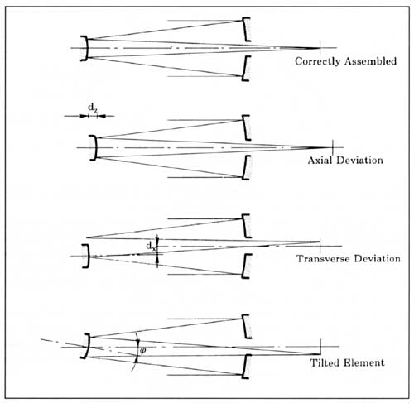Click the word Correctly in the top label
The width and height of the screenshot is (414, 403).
tap(317, 61)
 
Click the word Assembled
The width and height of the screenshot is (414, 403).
tap(371, 60)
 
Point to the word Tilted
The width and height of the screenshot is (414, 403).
tap(324, 362)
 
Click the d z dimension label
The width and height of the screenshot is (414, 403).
tap(93, 108)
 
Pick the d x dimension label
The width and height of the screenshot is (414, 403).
tap(151, 246)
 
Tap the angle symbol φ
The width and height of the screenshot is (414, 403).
tap(143, 351)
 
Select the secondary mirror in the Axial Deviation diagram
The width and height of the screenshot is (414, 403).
tap(94, 147)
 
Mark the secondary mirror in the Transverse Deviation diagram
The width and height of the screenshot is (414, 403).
tap(87, 256)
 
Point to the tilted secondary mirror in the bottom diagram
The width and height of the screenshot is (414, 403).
tap(87, 346)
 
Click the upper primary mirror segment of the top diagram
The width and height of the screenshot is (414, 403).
tap(245, 30)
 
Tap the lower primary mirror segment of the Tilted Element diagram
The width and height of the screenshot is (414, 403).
tap(245, 367)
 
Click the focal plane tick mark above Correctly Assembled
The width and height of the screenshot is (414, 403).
tap(320, 48)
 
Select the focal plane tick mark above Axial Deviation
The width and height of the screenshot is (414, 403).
tap(333, 147)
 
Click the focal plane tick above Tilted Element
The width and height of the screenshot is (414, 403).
tap(320, 347)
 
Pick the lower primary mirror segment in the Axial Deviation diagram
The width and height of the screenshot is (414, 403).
tap(246, 168)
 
